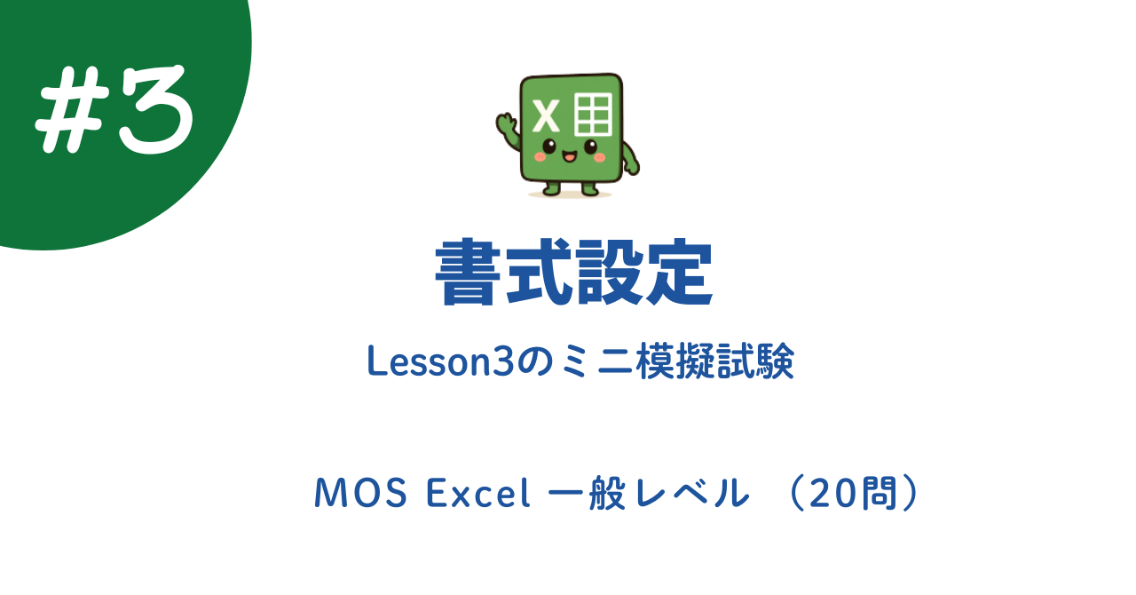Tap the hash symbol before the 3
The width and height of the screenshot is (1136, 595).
[71, 111]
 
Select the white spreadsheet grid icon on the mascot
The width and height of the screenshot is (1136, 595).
[594, 112]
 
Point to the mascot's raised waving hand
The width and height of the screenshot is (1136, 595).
[507, 124]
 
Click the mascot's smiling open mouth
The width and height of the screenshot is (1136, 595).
[569, 157]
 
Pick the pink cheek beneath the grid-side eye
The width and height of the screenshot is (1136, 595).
[600, 157]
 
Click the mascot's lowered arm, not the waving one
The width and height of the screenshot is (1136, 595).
[630, 161]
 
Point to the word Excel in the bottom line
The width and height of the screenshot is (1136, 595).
[478, 494]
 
